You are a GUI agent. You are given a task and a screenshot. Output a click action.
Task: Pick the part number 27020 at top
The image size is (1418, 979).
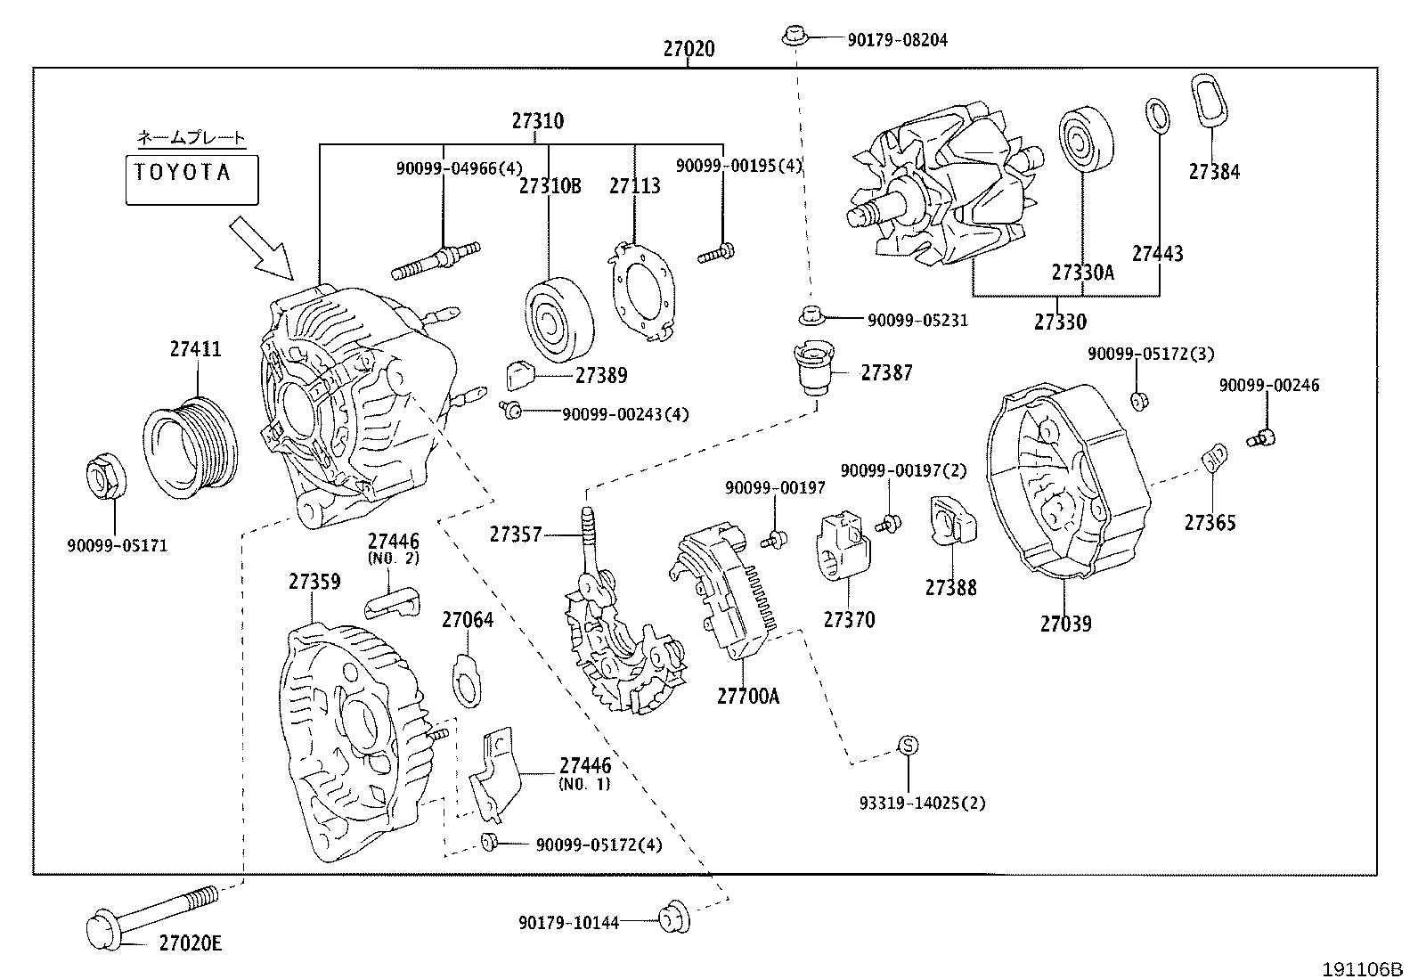[x=689, y=49]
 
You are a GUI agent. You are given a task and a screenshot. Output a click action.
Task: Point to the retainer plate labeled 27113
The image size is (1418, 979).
[x=641, y=291]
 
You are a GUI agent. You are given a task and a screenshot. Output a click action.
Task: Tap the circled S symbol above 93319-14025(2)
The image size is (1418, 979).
[x=906, y=746]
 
